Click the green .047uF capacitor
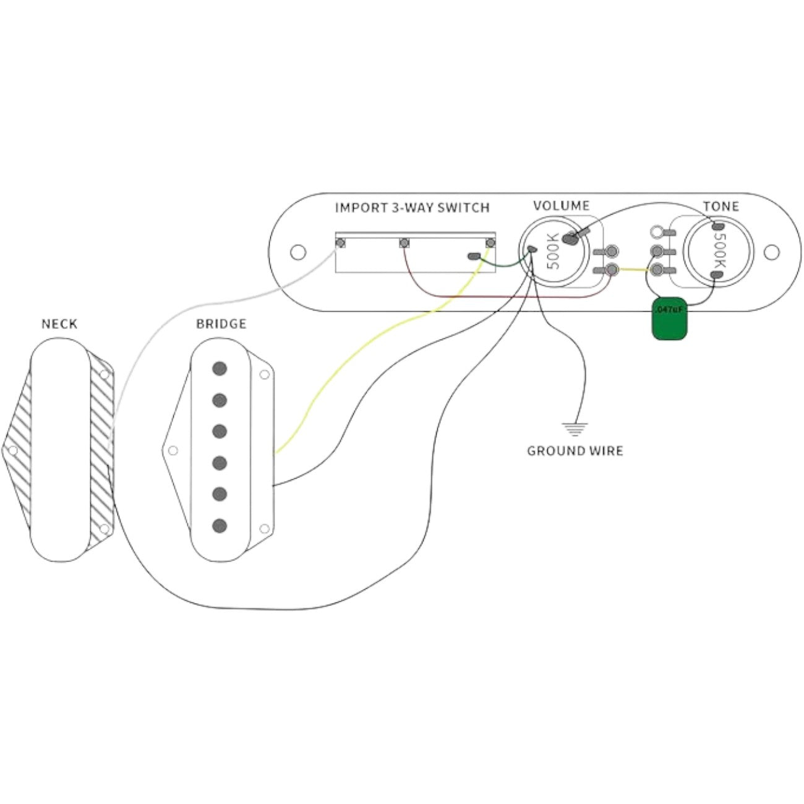[x=670, y=319]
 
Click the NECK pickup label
[x=59, y=324]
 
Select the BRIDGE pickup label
[x=221, y=324]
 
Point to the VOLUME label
[x=561, y=206]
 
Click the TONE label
[x=721, y=207]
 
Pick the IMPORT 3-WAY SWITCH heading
[x=412, y=208]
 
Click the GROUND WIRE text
[x=575, y=451]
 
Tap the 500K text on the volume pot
[x=553, y=250]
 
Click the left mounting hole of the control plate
[x=298, y=252]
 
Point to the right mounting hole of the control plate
[x=771, y=252]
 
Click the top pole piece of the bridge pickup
[x=219, y=369]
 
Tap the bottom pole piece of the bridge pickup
[x=219, y=526]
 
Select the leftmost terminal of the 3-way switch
[x=340, y=242]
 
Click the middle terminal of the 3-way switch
[x=404, y=242]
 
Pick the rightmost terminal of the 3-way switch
[x=490, y=242]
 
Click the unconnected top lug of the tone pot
[x=656, y=233]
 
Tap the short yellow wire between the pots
[x=632, y=270]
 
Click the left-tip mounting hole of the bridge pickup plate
[x=173, y=450]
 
